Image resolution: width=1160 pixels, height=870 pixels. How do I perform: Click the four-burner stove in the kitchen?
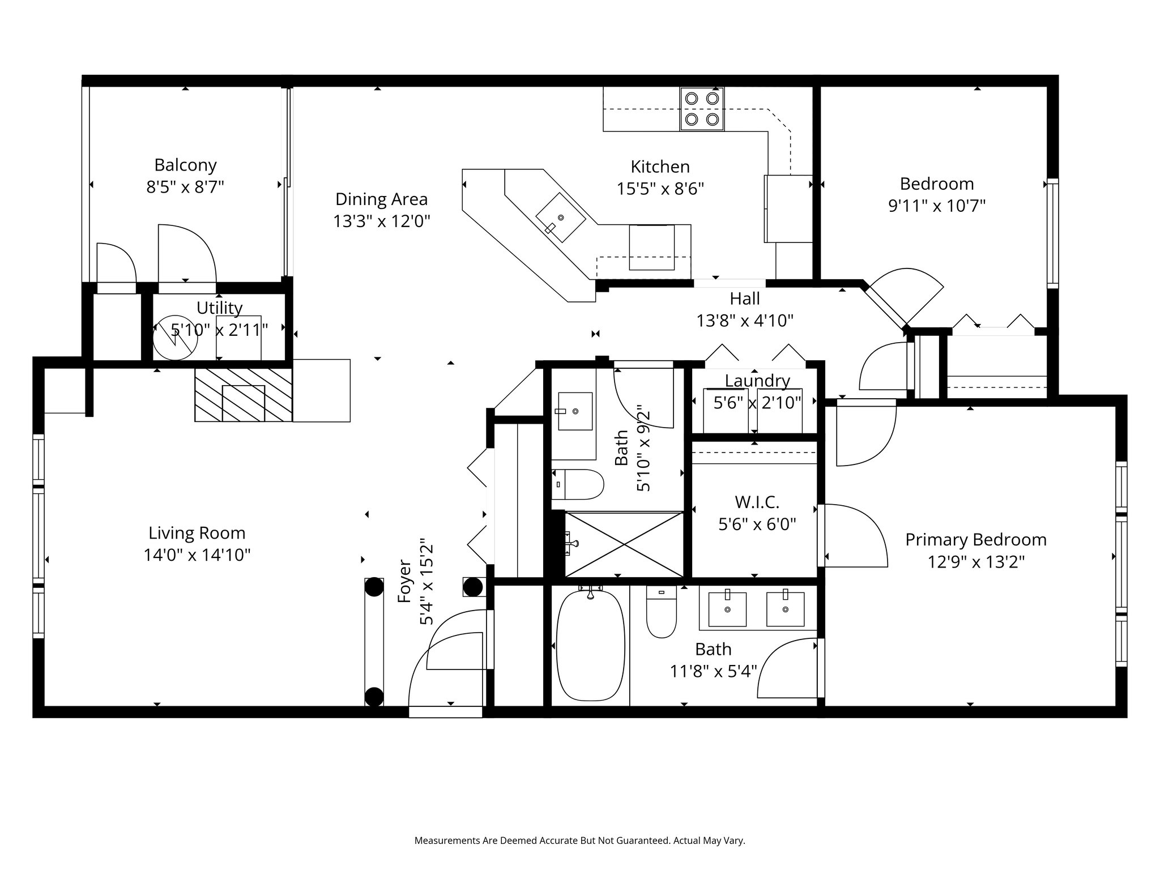[x=702, y=109]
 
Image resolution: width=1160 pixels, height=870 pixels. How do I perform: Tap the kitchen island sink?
[x=561, y=217]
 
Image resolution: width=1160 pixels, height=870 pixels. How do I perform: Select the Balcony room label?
[x=185, y=165]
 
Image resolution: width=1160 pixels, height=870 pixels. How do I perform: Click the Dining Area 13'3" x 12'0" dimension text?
[x=382, y=220]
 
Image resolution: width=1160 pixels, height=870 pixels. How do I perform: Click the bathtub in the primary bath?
[x=591, y=646]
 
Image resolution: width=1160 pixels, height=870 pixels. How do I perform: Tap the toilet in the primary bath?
[x=661, y=611]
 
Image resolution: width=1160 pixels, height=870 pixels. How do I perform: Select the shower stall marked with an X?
[x=624, y=544]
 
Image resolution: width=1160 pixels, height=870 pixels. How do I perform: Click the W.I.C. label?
[x=757, y=502]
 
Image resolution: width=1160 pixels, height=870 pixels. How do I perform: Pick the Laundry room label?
[x=757, y=381]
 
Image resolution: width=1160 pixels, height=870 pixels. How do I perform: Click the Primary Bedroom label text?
[x=975, y=540]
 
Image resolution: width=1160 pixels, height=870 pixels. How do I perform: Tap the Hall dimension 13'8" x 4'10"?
[x=744, y=321]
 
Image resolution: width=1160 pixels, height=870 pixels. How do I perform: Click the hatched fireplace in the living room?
[x=243, y=395]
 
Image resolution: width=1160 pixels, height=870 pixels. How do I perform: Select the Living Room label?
[x=197, y=533]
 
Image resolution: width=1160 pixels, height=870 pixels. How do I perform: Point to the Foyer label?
[x=404, y=582]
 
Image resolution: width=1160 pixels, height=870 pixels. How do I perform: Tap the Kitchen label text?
[x=660, y=167]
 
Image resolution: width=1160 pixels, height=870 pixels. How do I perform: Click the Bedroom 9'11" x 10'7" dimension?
[x=937, y=206]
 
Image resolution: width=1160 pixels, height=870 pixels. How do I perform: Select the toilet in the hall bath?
[x=578, y=484]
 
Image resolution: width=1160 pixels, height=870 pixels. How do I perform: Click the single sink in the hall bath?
[x=575, y=411]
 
